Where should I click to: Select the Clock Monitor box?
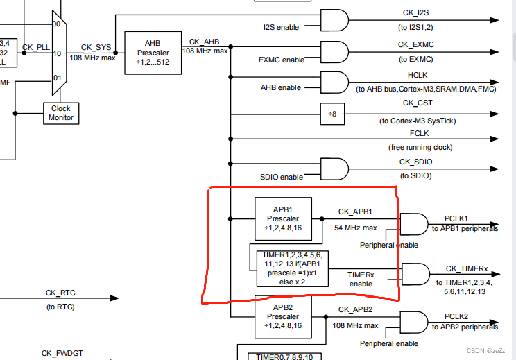pyautogui.click(x=61, y=113)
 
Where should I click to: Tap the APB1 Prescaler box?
pyautogui.click(x=282, y=219)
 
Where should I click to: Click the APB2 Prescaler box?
pyautogui.click(x=282, y=317)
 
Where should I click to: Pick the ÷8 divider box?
pyautogui.click(x=332, y=114)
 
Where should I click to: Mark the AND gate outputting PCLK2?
pyautogui.click(x=414, y=322)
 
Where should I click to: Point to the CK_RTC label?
pyautogui.click(x=61, y=293)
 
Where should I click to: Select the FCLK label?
pyautogui.click(x=419, y=133)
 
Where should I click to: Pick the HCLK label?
pyautogui.click(x=418, y=74)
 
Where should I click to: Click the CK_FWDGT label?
pyautogui.click(x=62, y=353)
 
